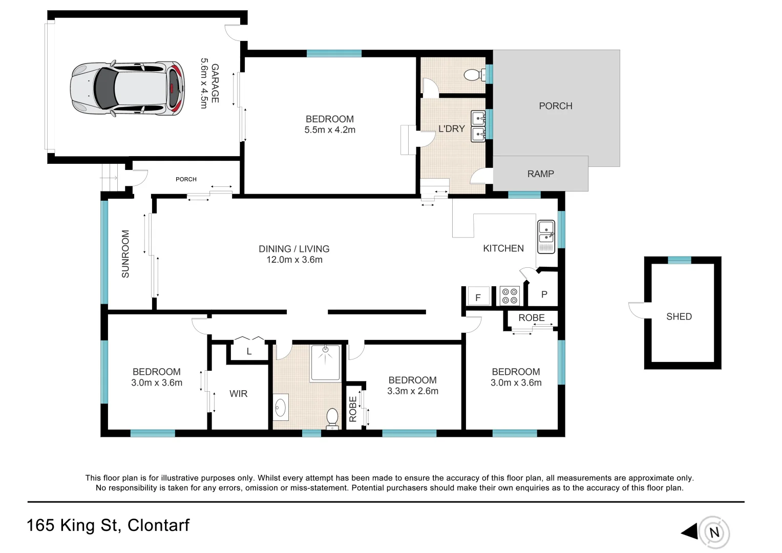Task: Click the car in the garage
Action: (127, 89)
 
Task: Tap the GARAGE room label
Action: (215, 83)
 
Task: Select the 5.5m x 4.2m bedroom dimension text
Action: (330, 130)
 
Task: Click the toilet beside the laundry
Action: (474, 75)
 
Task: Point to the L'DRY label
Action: (451, 129)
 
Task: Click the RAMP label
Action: (540, 174)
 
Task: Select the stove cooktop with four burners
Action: (510, 296)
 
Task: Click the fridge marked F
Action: (478, 296)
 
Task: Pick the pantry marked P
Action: (544, 294)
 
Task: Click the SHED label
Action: (679, 316)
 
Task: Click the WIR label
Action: (238, 394)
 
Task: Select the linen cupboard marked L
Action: (249, 351)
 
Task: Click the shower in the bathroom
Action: (325, 363)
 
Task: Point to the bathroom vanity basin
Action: (280, 408)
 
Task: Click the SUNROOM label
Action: (125, 254)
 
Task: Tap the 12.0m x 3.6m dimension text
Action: (294, 260)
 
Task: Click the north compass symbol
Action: (714, 533)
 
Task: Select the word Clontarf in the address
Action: (158, 525)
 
